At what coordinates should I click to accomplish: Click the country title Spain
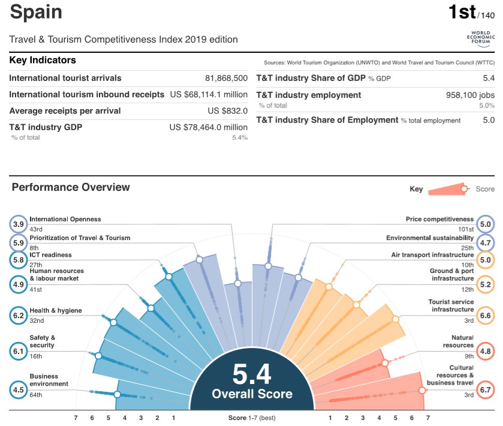coord(36,12)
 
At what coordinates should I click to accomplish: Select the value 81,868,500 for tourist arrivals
coord(226,78)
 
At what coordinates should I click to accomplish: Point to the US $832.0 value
coord(227,110)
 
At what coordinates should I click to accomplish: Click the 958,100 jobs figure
coord(471,95)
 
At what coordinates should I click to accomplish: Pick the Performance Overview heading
coord(71,187)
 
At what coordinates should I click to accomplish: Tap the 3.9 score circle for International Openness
coord(19,224)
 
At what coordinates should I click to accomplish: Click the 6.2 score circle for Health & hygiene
coord(19,315)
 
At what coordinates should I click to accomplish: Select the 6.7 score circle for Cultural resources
coord(485,390)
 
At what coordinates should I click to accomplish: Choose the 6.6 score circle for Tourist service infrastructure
coord(485,315)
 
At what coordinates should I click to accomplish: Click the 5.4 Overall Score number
coord(252,374)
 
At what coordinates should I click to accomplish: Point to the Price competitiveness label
coord(439,220)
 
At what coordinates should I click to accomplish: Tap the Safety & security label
coord(42,341)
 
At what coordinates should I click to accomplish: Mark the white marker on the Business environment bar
coord(118,395)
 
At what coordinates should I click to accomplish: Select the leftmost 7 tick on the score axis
coord(76,418)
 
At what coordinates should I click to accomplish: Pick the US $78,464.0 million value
coord(208,127)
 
